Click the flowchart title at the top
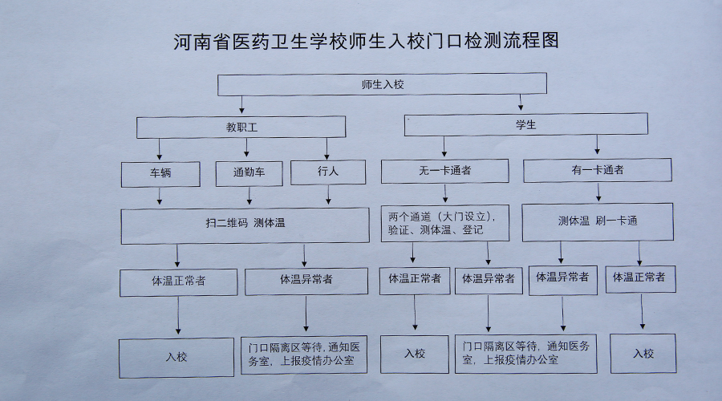coord(365,42)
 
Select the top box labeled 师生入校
coord(382,84)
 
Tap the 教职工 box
coord(241,127)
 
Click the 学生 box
coord(525,124)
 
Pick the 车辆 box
coord(160,172)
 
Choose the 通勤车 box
coord(249,172)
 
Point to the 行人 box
coord(327,172)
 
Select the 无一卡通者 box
coord(444,171)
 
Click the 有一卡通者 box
coord(597,170)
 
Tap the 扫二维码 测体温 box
coord(245,225)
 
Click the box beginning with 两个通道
coord(444,223)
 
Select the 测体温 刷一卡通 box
coord(597,222)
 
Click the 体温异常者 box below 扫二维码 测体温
coord(306,281)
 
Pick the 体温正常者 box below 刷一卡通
coord(639,277)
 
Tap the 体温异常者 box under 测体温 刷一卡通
coord(561,277)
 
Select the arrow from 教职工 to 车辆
coord(160,149)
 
